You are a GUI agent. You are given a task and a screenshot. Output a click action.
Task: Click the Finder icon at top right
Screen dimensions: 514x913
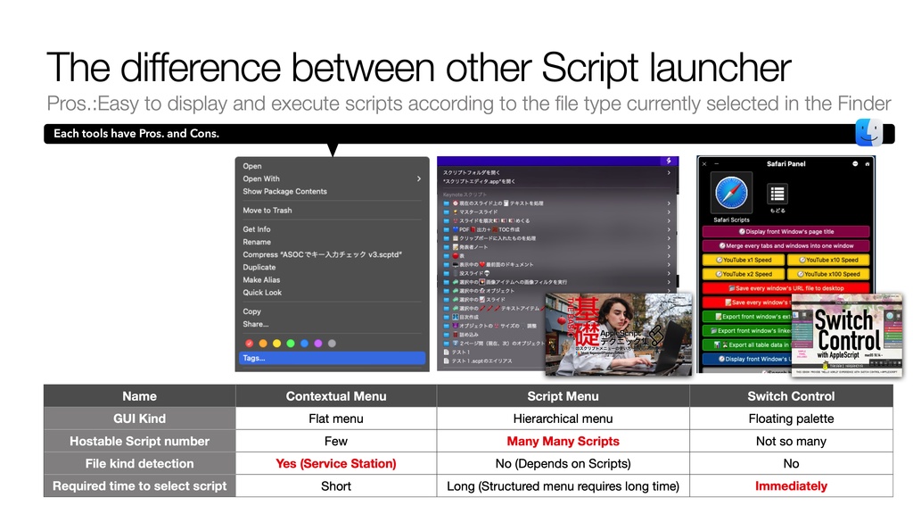coord(868,132)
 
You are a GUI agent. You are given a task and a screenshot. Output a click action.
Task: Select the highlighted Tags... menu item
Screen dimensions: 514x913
coord(254,358)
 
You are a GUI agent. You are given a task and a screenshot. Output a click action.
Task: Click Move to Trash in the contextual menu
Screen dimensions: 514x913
coord(267,211)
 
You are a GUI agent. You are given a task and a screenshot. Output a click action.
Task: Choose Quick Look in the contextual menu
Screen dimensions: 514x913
coord(262,293)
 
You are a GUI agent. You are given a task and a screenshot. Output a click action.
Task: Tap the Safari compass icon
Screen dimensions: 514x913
coord(731,193)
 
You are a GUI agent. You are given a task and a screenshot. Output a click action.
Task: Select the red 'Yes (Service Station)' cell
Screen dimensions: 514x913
coord(336,464)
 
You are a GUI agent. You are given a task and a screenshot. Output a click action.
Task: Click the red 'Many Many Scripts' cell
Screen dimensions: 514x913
coord(563,442)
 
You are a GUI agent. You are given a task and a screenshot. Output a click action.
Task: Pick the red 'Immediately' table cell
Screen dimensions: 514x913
coord(791,486)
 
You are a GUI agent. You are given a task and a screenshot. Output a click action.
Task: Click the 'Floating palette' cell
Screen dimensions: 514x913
coord(791,419)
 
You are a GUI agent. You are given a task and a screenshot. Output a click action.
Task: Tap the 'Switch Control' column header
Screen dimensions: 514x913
coord(791,396)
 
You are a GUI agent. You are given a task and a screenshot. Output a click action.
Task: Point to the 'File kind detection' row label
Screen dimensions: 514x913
coord(139,464)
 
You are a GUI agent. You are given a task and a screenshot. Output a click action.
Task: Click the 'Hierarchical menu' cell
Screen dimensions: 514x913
coord(563,419)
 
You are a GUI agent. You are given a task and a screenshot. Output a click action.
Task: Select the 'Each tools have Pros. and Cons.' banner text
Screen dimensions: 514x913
coord(136,134)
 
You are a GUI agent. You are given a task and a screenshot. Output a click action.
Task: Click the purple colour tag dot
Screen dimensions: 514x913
coord(318,343)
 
